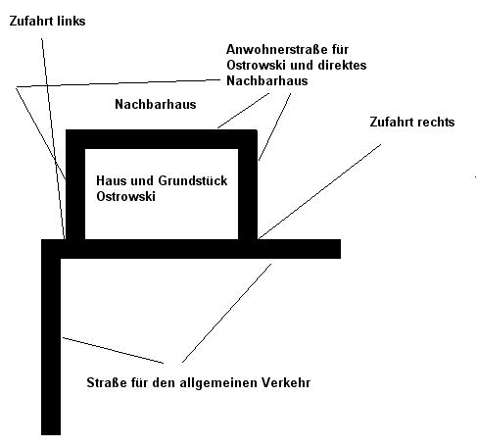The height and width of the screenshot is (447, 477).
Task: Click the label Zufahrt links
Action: pos(47,21)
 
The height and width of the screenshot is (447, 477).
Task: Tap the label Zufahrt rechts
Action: pos(412,122)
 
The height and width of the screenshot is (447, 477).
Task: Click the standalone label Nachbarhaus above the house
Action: pos(156,104)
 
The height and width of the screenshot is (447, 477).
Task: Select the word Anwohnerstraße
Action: pos(278,49)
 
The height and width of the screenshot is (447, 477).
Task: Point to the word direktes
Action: pos(342,65)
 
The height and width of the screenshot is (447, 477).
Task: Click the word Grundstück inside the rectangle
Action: pos(193,180)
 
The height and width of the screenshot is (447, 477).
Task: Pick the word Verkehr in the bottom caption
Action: pos(284,382)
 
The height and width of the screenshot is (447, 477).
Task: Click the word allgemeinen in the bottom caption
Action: pos(216,383)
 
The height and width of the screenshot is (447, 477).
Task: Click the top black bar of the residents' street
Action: pos(162,139)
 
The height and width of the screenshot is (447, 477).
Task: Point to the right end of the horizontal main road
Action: pos(341,249)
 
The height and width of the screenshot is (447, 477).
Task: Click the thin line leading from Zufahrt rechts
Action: pos(319,192)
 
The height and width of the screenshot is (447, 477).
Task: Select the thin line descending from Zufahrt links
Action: pos(53,138)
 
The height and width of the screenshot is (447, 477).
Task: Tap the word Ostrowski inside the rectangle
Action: pos(125,196)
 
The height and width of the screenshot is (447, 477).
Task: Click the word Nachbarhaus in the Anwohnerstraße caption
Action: pos(267,80)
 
